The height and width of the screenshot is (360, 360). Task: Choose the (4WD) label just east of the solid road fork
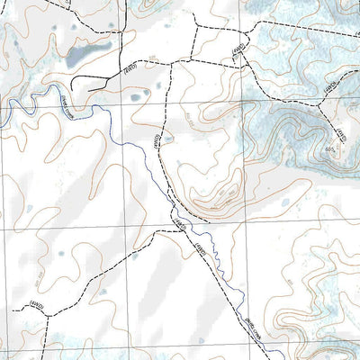130,67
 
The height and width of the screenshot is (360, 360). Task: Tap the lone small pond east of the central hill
285,202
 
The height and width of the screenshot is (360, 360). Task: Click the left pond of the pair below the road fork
135,97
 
